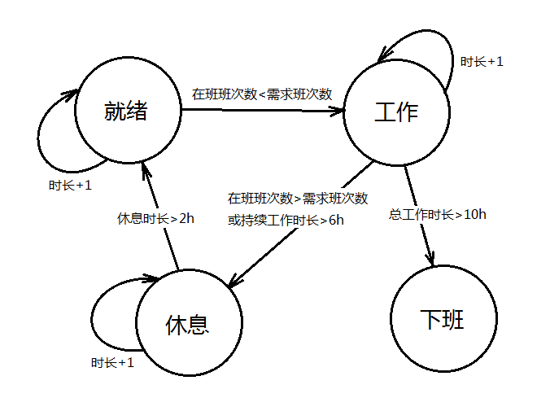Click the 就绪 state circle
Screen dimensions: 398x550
click(126, 112)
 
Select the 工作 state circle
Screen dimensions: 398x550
click(396, 112)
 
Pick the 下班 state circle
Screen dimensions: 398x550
click(443, 319)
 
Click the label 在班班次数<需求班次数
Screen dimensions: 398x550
click(262, 94)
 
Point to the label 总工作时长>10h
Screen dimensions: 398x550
click(438, 215)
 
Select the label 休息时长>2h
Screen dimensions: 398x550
click(156, 218)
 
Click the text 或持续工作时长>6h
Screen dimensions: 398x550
click(281, 219)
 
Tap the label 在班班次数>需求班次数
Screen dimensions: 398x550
click(298, 199)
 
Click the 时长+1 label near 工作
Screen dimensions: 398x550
click(482, 61)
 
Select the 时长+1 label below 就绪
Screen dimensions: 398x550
click(70, 186)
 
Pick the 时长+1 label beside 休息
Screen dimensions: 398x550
click(112, 363)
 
